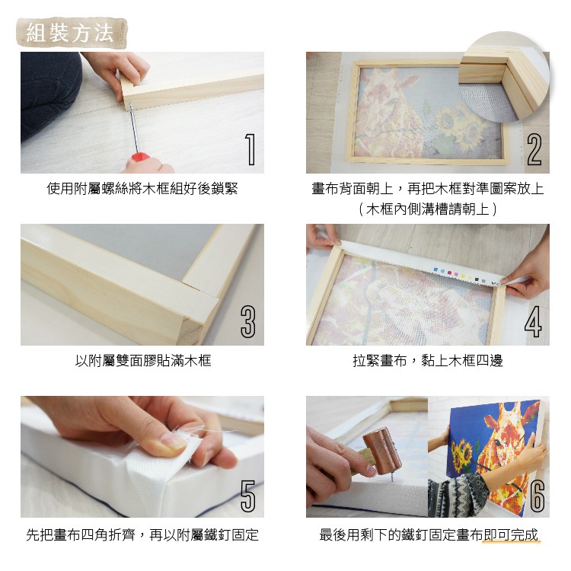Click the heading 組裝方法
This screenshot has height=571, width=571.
[x=70, y=33]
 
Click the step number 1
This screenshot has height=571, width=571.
[x=248, y=149]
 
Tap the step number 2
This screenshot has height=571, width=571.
[x=534, y=149]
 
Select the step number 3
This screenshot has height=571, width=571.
[x=247, y=321]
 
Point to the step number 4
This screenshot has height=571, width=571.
[x=534, y=321]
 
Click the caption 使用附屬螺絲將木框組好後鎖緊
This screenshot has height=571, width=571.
[x=142, y=188]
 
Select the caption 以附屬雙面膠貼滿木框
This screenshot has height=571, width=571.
[x=142, y=360]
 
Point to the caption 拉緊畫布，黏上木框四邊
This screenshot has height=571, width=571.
[x=427, y=360]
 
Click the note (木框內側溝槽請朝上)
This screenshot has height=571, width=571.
[x=427, y=208]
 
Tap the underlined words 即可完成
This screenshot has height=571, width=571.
[x=511, y=535]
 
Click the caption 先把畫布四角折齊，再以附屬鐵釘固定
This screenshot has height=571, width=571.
[x=142, y=535]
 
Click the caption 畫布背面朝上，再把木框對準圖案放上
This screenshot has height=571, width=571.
[x=427, y=188]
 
